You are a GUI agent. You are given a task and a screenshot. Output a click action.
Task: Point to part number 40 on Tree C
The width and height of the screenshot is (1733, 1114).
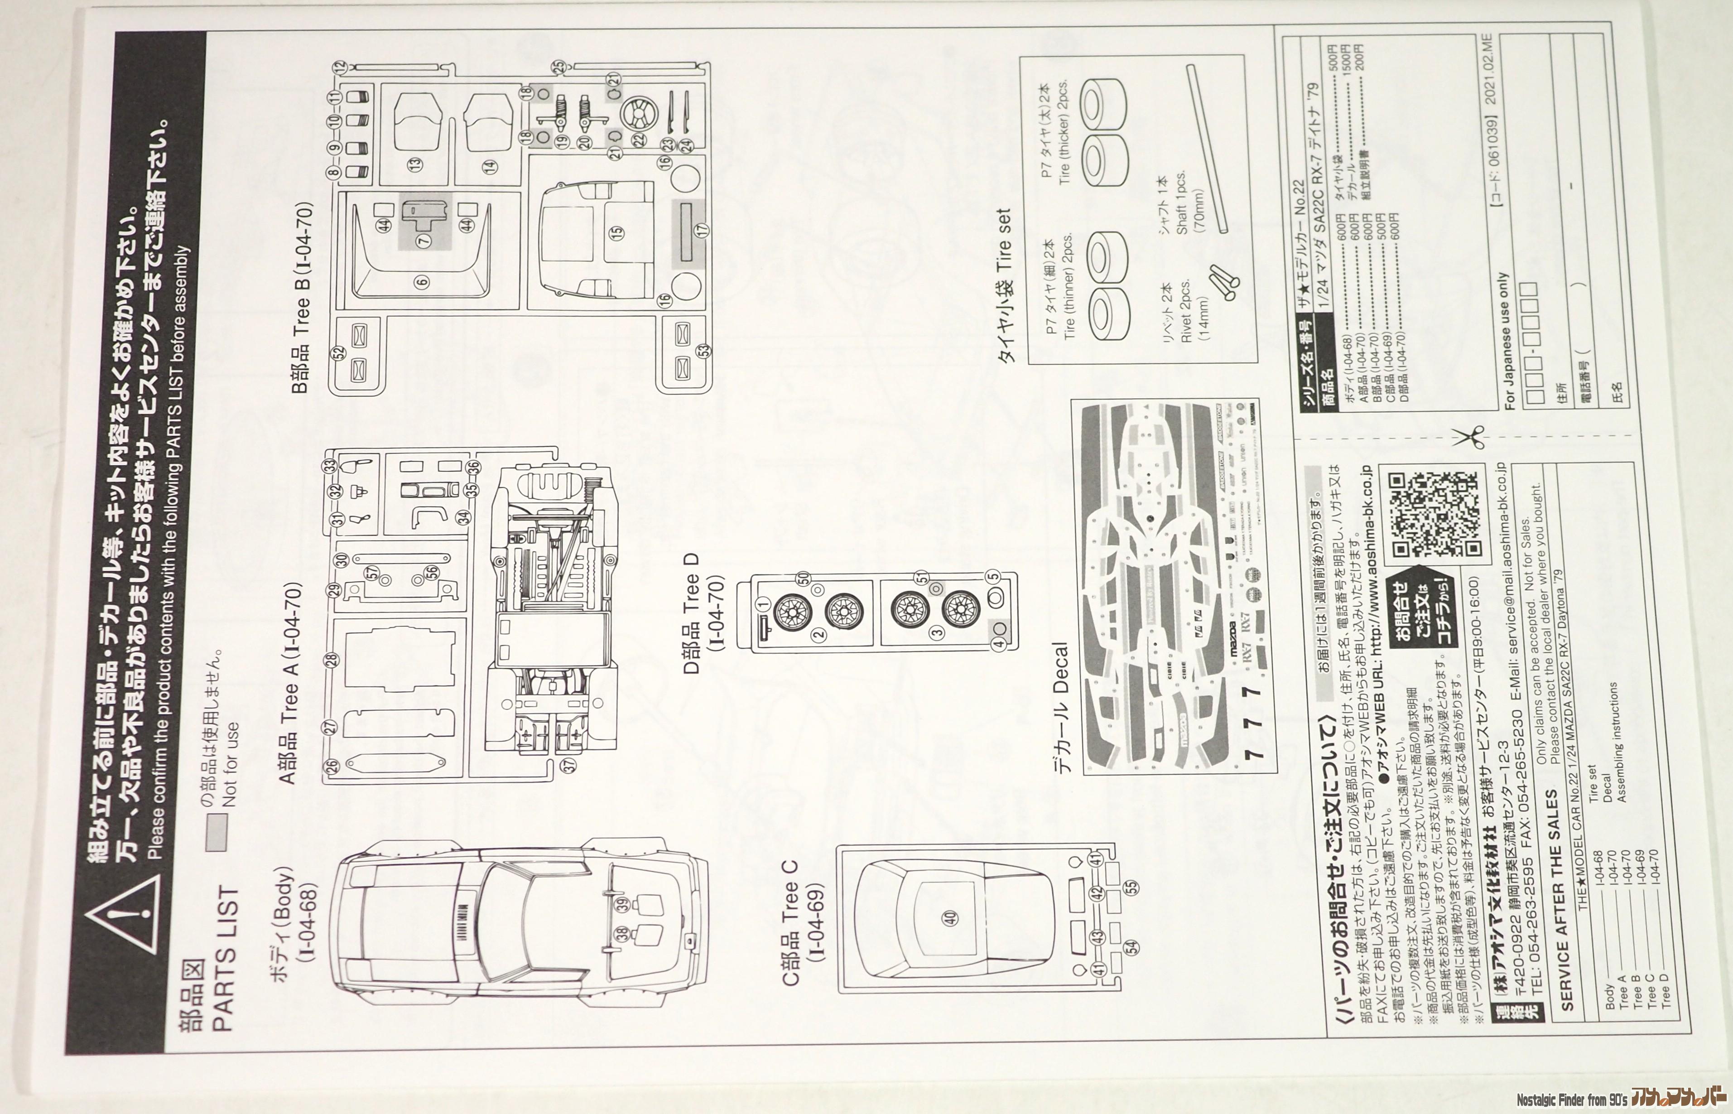[x=950, y=918]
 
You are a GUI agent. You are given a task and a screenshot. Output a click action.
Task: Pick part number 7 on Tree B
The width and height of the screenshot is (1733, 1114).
[x=423, y=240]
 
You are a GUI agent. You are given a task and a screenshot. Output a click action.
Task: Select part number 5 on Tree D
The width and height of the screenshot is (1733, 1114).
[x=992, y=577]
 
